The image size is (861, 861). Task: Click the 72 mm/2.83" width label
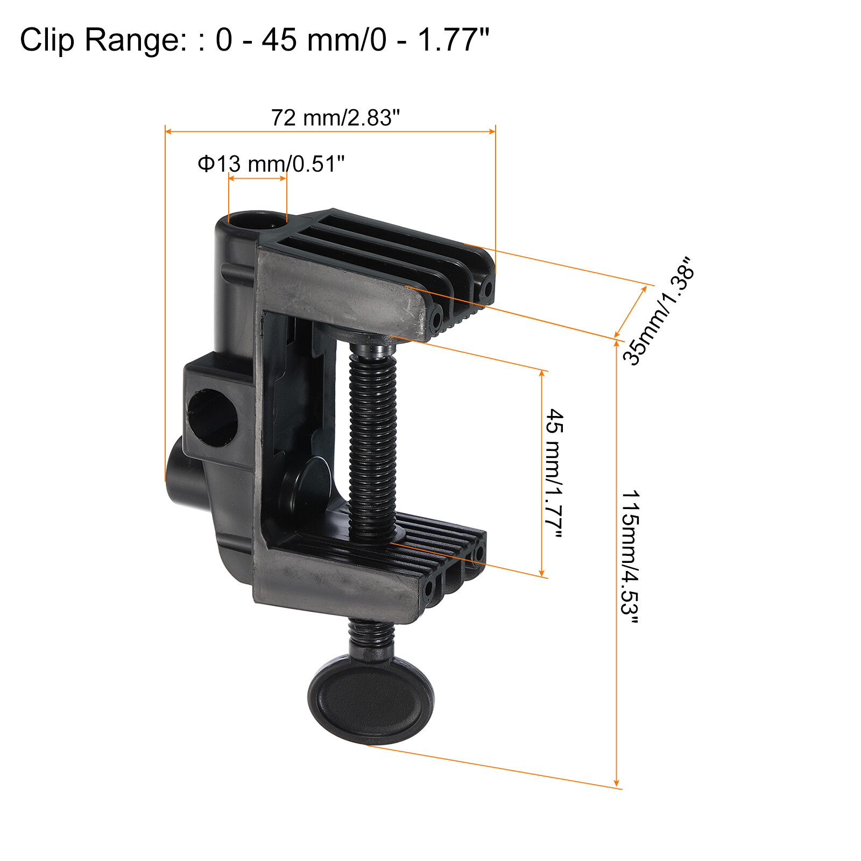(x=335, y=118)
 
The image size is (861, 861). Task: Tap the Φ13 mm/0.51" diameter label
(x=271, y=164)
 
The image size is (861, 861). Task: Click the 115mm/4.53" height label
(x=630, y=557)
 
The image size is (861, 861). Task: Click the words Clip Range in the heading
(x=101, y=40)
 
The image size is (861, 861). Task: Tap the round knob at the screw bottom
(x=371, y=700)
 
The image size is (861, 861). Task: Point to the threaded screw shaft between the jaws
(x=373, y=441)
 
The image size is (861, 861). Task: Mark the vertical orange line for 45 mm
(x=542, y=474)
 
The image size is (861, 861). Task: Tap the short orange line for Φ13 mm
(x=257, y=179)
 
